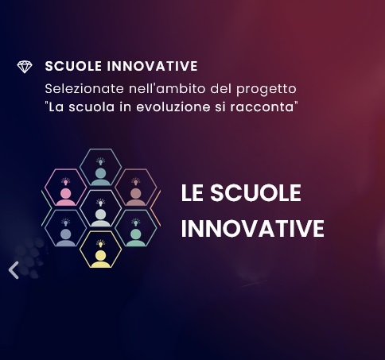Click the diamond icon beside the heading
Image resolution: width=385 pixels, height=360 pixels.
pos(25,67)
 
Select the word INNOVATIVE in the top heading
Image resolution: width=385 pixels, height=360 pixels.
pos(152,66)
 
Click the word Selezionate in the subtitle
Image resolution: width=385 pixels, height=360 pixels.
pos(84,88)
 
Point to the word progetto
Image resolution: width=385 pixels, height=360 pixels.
pos(266,90)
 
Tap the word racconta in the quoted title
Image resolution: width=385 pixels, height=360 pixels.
pos(262,107)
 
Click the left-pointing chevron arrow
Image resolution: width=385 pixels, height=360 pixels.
pos(14,270)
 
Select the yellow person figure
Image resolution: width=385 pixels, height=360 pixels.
pos(101,259)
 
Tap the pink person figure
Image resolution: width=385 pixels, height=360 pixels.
pos(66,197)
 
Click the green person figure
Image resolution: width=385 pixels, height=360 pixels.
pos(136,238)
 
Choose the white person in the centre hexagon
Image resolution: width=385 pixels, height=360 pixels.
pos(101,218)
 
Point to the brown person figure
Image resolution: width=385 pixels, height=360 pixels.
pos(136,197)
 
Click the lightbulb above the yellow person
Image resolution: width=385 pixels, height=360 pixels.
pos(101,243)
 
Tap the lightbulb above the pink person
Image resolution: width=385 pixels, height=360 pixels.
pos(66,181)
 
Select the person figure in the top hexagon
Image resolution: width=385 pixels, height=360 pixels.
pos(101,176)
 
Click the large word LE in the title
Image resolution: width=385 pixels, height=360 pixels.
pos(192,193)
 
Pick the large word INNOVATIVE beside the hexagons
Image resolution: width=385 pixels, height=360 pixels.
pos(253,228)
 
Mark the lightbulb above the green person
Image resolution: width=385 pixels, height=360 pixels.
pos(136,223)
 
